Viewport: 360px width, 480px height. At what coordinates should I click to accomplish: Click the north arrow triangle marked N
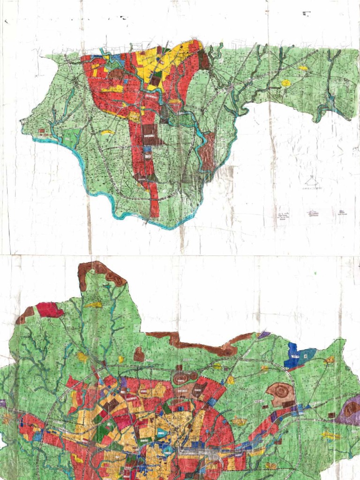pyautogui.click(x=311, y=180)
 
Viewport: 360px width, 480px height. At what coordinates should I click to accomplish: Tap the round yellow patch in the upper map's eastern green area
pyautogui.click(x=285, y=83)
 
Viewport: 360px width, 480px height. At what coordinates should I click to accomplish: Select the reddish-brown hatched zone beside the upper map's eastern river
pyautogui.click(x=209, y=150)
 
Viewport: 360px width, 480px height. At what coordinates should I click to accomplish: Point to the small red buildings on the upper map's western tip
pyautogui.click(x=42, y=131)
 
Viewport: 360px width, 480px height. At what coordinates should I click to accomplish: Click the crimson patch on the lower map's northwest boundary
pyautogui.click(x=49, y=309)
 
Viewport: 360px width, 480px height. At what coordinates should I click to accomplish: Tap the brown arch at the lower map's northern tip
pyautogui.click(x=101, y=271)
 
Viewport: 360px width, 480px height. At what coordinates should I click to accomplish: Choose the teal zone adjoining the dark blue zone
pyautogui.click(x=307, y=355)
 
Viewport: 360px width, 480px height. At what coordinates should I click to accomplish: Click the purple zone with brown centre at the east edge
pyautogui.click(x=351, y=411)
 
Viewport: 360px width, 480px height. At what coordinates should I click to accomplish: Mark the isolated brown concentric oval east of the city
pyautogui.click(x=281, y=394)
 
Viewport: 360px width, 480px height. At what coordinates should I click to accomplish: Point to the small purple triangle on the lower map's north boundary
pyautogui.click(x=264, y=335)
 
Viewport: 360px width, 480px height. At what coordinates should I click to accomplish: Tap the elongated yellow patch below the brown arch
pyautogui.click(x=94, y=305)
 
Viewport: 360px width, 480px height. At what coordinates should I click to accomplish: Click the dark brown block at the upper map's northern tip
pyautogui.click(x=203, y=60)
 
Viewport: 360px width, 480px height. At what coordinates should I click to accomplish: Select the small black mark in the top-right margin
pyautogui.click(x=307, y=13)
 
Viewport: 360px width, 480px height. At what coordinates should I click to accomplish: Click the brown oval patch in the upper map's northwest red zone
pyautogui.click(x=116, y=74)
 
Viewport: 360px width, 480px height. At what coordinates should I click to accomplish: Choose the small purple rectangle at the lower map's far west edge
pyautogui.click(x=2, y=403)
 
